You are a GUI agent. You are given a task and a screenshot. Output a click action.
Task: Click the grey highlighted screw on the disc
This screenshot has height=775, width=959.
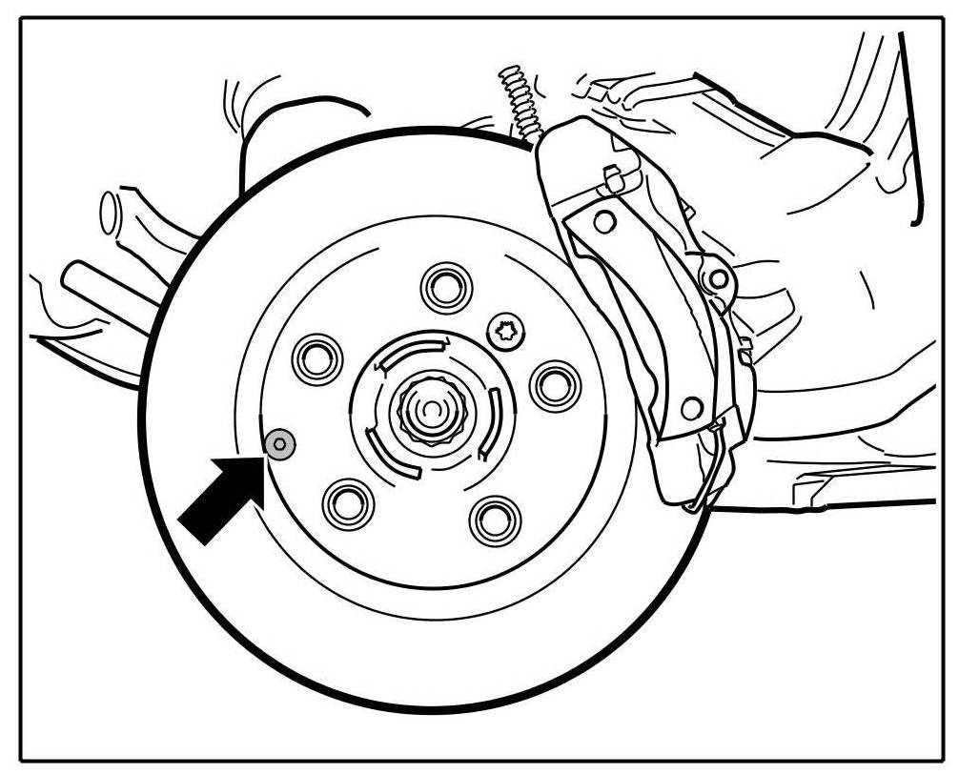[279, 443]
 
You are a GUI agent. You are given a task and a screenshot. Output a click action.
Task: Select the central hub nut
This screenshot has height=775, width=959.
[432, 411]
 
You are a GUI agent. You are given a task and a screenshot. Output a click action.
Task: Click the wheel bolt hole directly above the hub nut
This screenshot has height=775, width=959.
[445, 285]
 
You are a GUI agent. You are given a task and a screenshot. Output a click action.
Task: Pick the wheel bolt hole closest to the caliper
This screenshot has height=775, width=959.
[555, 385]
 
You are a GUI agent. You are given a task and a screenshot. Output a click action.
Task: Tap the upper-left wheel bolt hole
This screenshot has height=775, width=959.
[317, 358]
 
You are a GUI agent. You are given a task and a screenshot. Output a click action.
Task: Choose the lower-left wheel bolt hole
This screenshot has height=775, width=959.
[347, 504]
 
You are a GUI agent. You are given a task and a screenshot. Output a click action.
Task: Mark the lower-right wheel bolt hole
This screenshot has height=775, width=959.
[495, 520]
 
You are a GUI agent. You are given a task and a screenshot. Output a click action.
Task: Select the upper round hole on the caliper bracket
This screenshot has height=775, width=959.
[603, 222]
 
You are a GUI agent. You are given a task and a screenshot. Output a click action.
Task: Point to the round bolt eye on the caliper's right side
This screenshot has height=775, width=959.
[719, 279]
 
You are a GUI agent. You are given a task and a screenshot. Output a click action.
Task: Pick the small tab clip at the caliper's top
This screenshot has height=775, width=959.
[615, 175]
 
